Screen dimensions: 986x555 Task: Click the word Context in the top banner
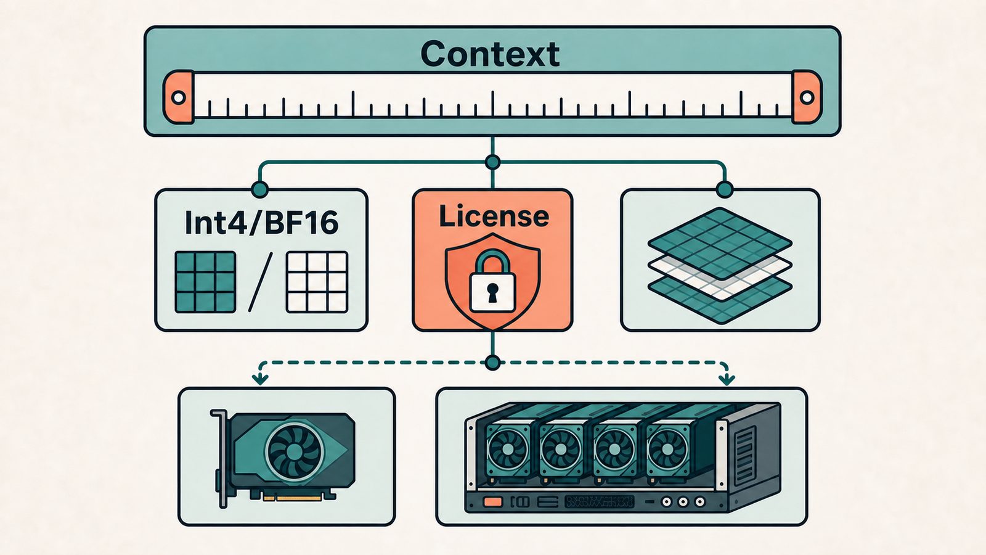490,54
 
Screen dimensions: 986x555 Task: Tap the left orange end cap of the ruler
179,97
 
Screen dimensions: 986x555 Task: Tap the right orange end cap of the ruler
807,97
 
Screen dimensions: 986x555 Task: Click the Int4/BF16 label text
261,223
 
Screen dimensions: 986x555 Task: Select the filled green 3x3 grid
205,282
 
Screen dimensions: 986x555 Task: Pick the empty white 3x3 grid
317,282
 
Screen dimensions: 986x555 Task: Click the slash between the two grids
261,282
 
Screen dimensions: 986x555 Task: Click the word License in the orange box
494,216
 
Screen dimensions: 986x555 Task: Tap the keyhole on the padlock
492,292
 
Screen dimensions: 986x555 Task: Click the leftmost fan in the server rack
508,450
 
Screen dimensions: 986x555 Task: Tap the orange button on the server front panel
492,502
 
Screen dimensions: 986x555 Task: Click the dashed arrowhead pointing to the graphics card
260,379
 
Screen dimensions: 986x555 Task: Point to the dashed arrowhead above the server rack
727,379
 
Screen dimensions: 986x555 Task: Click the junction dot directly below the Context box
492,163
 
